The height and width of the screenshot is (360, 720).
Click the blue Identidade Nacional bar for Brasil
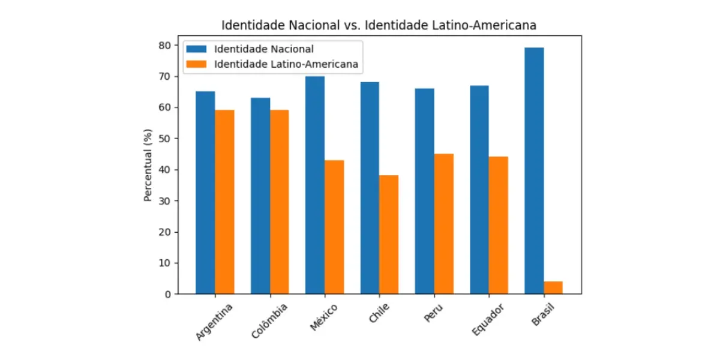534,171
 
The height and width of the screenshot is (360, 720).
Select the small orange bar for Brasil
553,287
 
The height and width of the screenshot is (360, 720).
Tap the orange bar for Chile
389,235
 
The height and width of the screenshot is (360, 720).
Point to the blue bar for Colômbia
260,196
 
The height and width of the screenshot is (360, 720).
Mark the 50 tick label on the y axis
164,139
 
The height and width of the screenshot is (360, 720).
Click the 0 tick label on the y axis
166,294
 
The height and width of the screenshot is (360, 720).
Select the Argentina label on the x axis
214,322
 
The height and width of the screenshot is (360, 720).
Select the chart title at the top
379,25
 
